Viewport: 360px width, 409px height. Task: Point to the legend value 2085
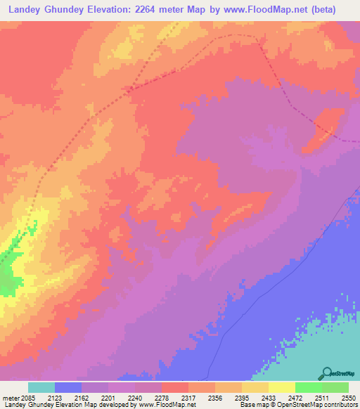coord(28,397)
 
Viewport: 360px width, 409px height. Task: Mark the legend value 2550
coord(349,397)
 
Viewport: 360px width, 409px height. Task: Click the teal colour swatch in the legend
coord(41,387)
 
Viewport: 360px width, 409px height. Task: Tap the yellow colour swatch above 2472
coord(282,387)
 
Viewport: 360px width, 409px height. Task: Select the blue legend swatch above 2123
coord(68,387)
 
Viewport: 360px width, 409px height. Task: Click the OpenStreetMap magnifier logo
coord(326,373)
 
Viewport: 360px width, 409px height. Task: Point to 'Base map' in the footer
coord(252,405)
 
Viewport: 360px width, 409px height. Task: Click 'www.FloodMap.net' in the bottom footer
coord(169,405)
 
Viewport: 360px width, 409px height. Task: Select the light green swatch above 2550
coord(335,387)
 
